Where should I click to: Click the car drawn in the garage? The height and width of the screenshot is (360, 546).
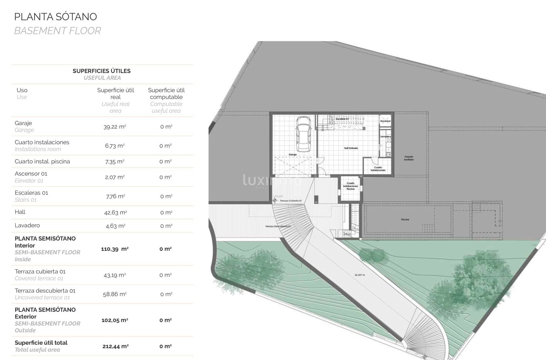click(x=303, y=134)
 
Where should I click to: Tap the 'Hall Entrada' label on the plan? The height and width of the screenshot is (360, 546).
click(x=351, y=148)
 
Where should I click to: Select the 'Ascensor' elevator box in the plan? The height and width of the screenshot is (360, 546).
click(x=385, y=121)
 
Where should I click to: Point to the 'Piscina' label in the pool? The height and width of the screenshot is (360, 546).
click(x=405, y=220)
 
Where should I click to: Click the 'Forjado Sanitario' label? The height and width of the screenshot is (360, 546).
click(x=409, y=158)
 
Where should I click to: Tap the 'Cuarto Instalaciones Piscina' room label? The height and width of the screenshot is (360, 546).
click(x=350, y=186)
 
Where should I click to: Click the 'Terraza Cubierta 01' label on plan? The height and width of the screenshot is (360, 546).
click(x=291, y=201)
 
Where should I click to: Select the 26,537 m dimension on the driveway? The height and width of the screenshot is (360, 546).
click(x=360, y=275)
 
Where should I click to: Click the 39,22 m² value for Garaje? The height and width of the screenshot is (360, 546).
click(x=115, y=127)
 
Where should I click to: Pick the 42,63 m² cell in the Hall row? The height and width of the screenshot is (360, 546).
click(x=115, y=212)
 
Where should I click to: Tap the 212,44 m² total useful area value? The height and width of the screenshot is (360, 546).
click(x=115, y=346)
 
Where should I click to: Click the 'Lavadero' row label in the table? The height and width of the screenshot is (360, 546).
click(x=27, y=225)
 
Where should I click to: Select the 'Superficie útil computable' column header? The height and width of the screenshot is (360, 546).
click(x=166, y=94)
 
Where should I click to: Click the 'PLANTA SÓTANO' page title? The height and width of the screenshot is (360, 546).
click(x=56, y=17)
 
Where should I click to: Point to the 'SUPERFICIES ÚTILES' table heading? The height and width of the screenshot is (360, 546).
click(x=102, y=71)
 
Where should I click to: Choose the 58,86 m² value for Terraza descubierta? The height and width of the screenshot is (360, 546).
click(x=115, y=294)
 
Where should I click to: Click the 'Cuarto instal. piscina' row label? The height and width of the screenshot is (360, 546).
click(x=42, y=162)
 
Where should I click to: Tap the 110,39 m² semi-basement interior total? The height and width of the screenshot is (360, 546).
click(x=115, y=249)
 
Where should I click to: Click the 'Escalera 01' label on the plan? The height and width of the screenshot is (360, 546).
click(x=342, y=119)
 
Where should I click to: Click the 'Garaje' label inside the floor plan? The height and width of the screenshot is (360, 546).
click(x=292, y=155)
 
